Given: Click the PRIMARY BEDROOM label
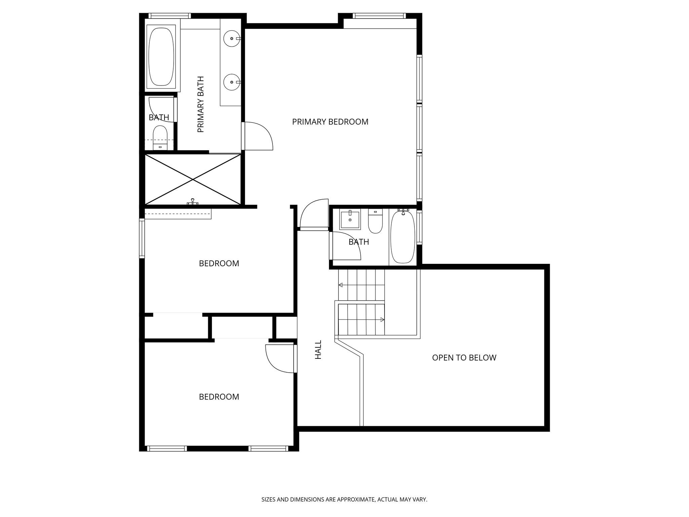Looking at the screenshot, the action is click(330, 122).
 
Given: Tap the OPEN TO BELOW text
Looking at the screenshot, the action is click(464, 358).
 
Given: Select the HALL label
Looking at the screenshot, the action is click(318, 349).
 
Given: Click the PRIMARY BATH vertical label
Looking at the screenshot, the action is click(201, 104).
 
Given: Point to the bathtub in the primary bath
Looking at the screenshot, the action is click(161, 57).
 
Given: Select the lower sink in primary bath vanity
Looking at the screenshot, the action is click(231, 82).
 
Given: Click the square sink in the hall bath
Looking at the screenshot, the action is click(350, 219).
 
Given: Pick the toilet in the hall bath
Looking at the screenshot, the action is click(375, 221).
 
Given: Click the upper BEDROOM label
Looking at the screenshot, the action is click(219, 264).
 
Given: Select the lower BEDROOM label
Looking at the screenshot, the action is click(219, 397).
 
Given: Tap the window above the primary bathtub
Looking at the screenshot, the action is click(170, 15).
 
